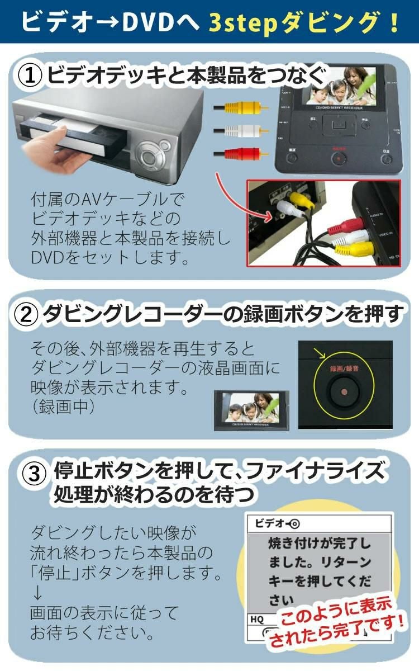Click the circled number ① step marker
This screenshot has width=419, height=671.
coord(31,74)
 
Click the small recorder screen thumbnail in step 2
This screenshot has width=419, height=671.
coord(252,410)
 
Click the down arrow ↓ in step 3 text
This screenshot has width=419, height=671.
coord(37,592)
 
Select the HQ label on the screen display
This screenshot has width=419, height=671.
coord(258,619)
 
